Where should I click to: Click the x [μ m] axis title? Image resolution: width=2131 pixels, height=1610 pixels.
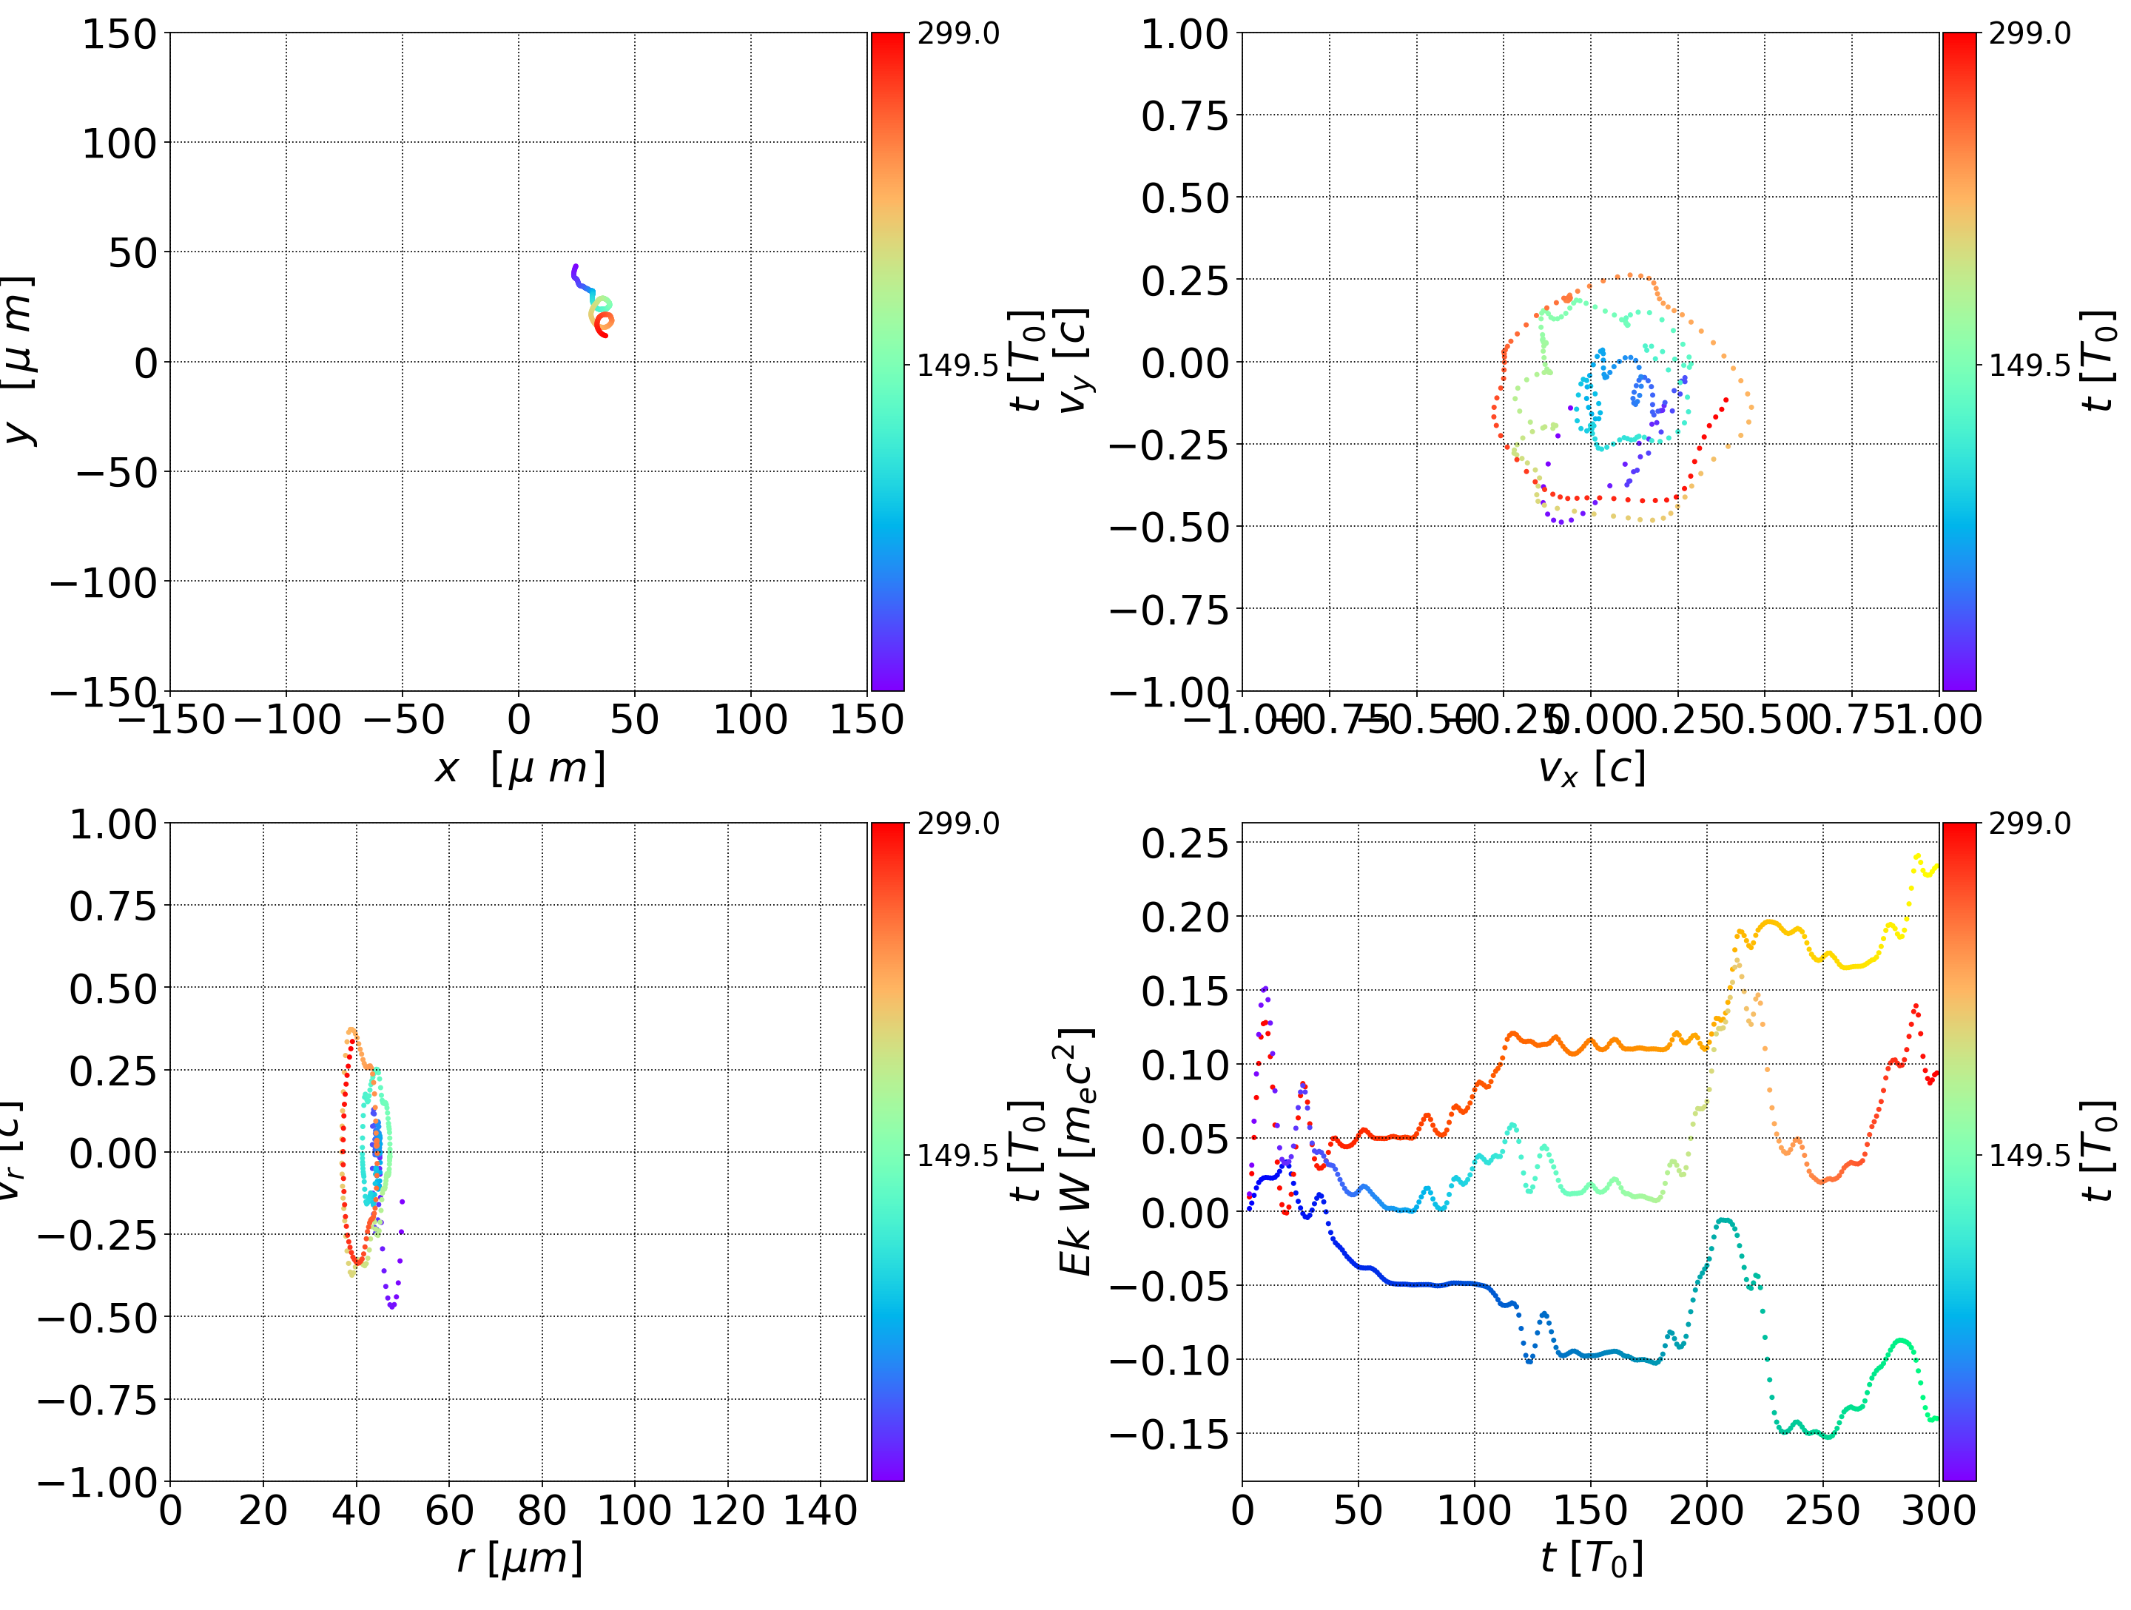(x=519, y=768)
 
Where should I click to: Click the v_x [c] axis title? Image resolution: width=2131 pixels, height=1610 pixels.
(x=1591, y=768)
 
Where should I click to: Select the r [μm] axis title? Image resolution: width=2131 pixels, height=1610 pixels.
(x=519, y=1558)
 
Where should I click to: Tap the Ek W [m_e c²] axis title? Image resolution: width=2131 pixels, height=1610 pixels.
(x=1075, y=1151)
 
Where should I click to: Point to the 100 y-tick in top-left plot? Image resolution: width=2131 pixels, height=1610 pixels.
(x=118, y=144)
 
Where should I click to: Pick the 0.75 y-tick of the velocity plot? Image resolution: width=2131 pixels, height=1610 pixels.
(x=1185, y=117)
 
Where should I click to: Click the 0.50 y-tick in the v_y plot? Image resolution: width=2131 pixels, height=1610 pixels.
(x=1185, y=198)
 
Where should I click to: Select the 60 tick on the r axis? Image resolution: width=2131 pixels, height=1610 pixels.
(x=449, y=1511)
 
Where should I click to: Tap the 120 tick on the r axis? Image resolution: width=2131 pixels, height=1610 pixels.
(x=727, y=1511)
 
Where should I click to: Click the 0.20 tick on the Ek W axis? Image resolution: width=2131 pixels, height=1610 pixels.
(x=1185, y=917)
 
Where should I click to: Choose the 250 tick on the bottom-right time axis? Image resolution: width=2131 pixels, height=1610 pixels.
(x=1822, y=1511)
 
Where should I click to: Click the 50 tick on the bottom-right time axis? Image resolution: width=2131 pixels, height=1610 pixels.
(x=1359, y=1511)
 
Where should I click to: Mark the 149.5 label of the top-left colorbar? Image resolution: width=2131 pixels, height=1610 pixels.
(x=957, y=366)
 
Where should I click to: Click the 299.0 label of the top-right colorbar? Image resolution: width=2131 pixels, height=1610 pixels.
(x=2029, y=34)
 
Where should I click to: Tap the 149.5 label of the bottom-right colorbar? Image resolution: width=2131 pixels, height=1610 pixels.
(x=2029, y=1154)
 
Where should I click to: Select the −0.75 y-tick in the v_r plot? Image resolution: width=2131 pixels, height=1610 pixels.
(x=96, y=1400)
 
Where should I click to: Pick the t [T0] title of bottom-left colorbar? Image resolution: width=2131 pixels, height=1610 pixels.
(x=1027, y=1151)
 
